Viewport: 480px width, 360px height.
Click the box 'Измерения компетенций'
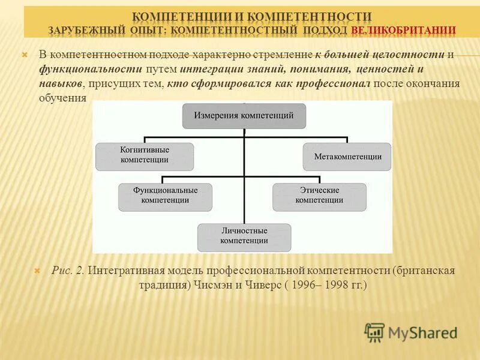pos(244,116)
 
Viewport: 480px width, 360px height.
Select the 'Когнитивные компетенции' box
pos(145,155)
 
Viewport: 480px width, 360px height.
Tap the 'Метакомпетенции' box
pos(347,156)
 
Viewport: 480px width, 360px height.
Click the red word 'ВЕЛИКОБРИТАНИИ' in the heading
pos(403,29)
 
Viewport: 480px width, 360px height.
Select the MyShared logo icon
pos(374,332)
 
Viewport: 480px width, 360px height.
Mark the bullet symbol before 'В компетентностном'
pos(25,55)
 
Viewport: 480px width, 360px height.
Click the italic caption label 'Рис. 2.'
pos(68,271)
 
